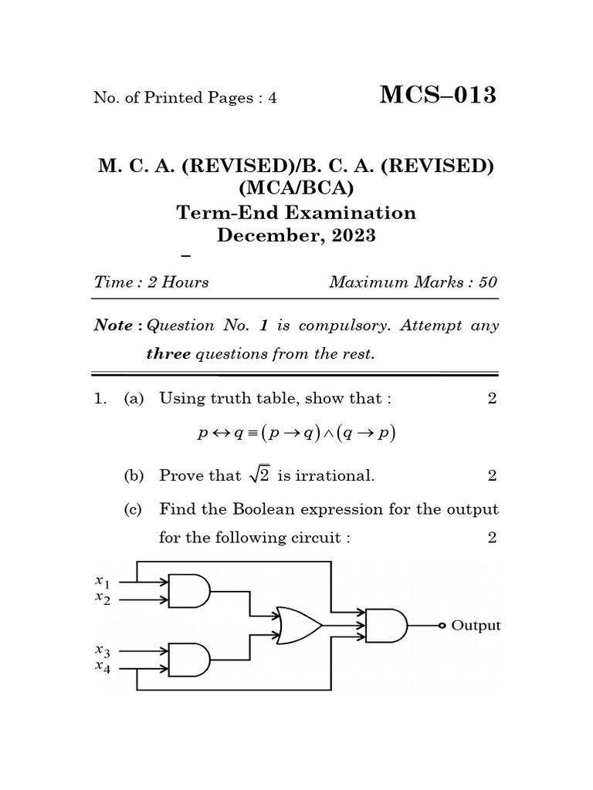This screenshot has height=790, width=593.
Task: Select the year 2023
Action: (353, 235)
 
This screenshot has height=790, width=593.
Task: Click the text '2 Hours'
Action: (178, 282)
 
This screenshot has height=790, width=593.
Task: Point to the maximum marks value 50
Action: (488, 282)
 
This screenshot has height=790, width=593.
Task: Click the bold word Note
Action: (113, 326)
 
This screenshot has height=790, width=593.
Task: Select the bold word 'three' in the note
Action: (168, 355)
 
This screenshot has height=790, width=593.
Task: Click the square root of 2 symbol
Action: (258, 475)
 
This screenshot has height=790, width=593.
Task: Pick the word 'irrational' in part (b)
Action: (336, 476)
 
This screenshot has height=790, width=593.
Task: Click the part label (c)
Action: (134, 510)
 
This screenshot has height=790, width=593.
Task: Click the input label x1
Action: (103, 581)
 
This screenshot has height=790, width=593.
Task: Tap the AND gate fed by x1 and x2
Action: (189, 591)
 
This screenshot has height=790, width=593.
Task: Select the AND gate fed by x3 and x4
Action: (189, 660)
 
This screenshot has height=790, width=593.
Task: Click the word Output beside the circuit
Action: (476, 626)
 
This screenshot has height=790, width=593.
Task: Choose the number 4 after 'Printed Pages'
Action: (272, 98)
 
